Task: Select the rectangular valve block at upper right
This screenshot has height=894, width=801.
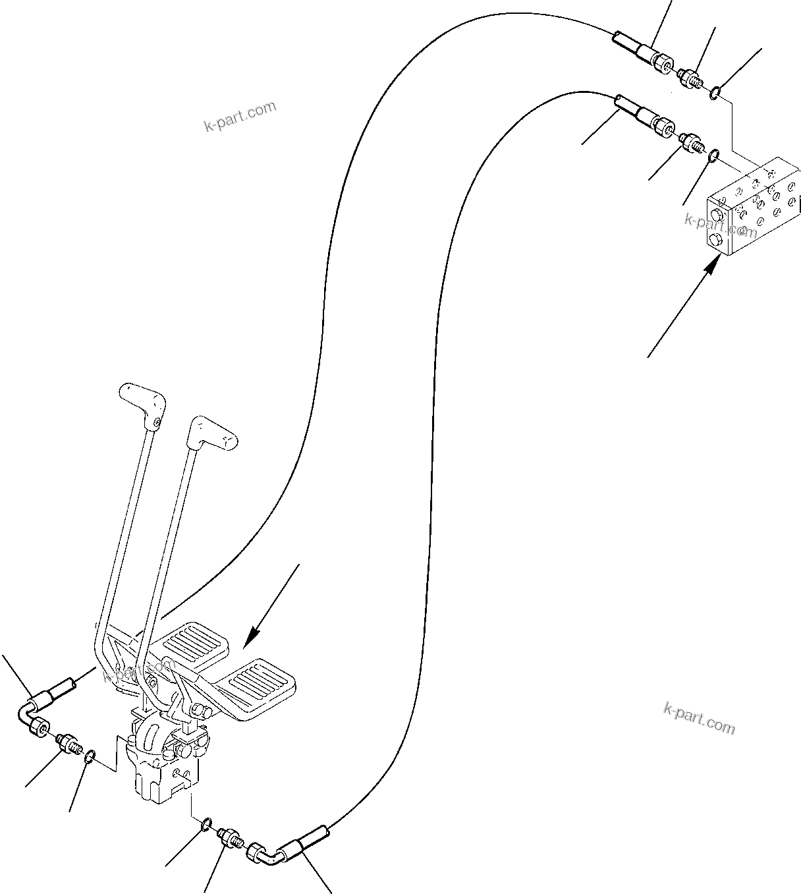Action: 751,207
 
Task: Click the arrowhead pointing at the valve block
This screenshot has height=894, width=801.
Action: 711,264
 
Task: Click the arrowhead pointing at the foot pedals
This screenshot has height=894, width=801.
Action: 250,639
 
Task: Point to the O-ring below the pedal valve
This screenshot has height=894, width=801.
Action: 206,824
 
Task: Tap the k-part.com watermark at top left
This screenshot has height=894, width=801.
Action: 240,116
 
